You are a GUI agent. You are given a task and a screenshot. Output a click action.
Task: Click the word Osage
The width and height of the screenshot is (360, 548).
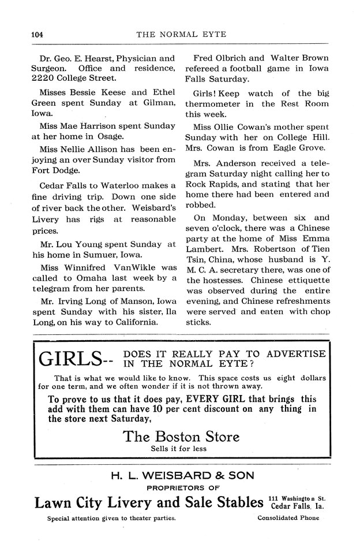[x=110, y=136]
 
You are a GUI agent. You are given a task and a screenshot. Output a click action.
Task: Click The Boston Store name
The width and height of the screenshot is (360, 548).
[x=181, y=436]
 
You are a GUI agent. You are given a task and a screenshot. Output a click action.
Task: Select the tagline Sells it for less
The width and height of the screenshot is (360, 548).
[x=181, y=448]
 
